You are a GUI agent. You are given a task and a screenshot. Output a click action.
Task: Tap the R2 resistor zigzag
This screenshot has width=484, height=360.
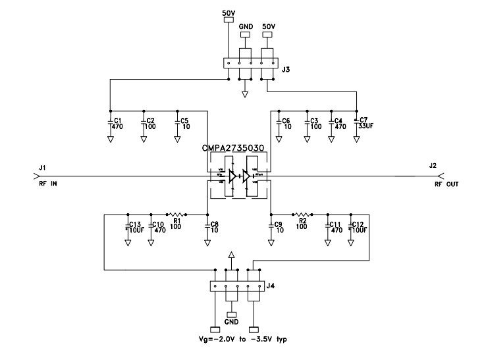302,215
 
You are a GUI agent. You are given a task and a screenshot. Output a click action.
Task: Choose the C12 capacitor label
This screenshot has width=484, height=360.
359,228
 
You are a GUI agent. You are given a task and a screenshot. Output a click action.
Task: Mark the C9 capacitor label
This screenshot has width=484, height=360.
279,228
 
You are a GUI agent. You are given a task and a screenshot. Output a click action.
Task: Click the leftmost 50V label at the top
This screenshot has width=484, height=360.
228,12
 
